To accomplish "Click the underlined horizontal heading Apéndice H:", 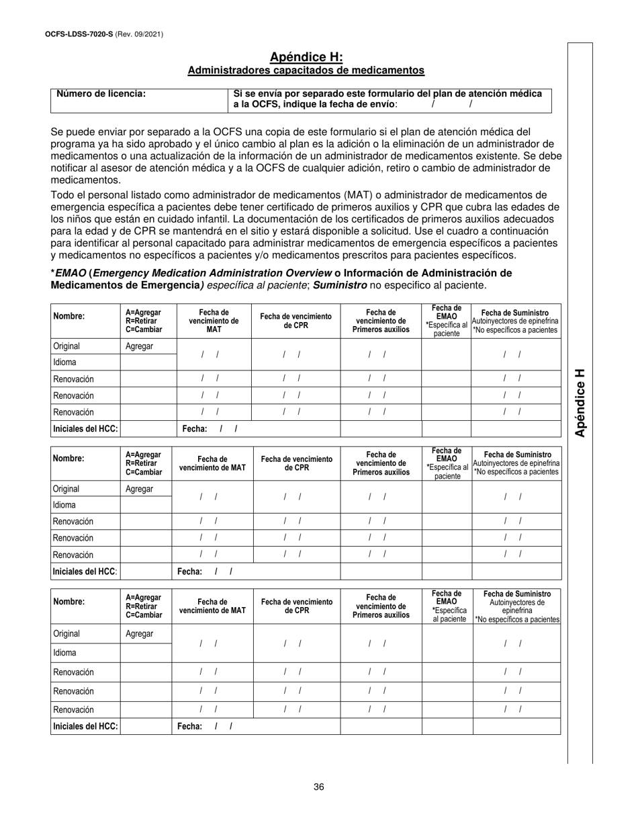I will click(x=306, y=57).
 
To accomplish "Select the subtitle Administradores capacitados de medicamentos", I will click(x=306, y=70).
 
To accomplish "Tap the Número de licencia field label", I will click(x=101, y=94).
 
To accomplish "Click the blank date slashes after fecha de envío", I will click(x=451, y=104).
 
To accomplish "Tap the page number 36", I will click(x=318, y=787).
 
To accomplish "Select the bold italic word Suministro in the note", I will click(x=345, y=285).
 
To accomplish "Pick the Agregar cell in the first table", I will click(x=139, y=346).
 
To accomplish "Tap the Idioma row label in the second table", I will click(x=65, y=504).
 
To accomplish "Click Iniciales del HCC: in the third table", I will click(x=85, y=726).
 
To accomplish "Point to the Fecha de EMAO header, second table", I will click(x=447, y=463).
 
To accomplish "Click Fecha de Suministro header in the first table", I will click(x=515, y=313).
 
